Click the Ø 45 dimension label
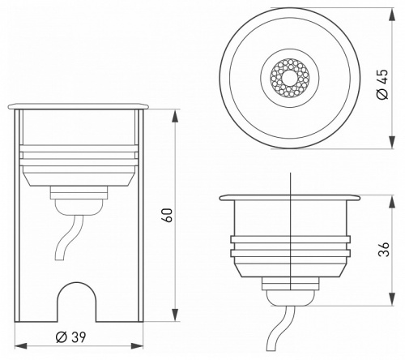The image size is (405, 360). [384, 80]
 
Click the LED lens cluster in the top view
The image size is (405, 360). [289, 79]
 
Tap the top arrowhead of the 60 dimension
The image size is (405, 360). [176, 109]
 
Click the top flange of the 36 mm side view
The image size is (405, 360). [288, 198]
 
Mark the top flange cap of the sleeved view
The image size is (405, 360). [79, 106]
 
